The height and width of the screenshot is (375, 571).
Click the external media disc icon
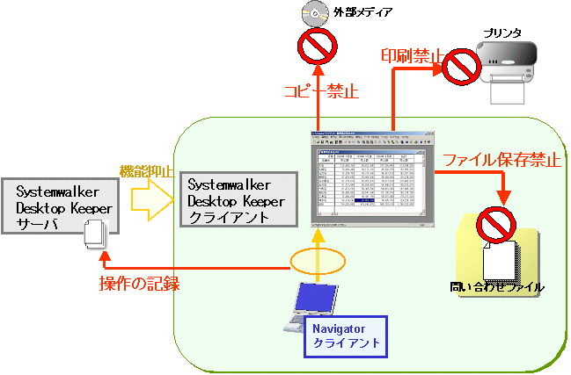(314, 13)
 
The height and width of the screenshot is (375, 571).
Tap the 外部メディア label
(363, 12)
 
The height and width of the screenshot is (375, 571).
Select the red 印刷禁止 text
(412, 54)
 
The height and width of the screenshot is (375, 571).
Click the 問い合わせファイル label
(497, 286)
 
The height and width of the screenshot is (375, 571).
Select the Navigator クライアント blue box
(346, 334)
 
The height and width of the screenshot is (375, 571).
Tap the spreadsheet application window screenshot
(373, 178)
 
